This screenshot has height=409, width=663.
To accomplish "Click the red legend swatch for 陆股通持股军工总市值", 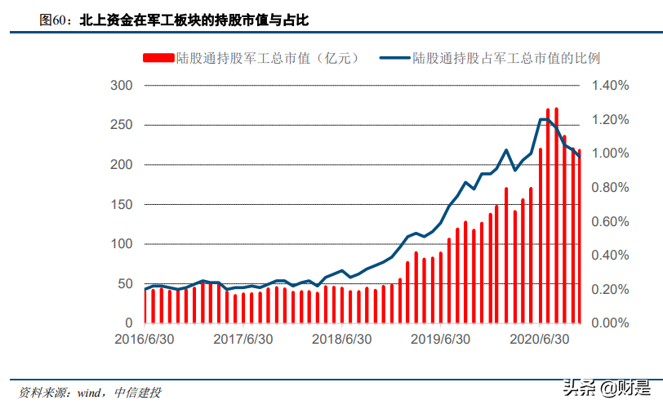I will (158, 58).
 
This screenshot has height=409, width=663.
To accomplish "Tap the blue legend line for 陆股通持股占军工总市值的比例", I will (394, 58).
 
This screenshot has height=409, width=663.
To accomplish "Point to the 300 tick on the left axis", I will (121, 86).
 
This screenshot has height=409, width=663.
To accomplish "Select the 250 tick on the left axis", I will (121, 125).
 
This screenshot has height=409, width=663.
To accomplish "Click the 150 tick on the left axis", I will (121, 204).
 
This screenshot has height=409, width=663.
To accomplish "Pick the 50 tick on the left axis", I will (124, 284).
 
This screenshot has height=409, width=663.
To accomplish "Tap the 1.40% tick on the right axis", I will (611, 86).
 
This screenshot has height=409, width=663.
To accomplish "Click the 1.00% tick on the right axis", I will (611, 153).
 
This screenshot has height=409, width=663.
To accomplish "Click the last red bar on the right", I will (580, 237).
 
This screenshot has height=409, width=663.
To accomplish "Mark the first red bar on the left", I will (145, 307).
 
